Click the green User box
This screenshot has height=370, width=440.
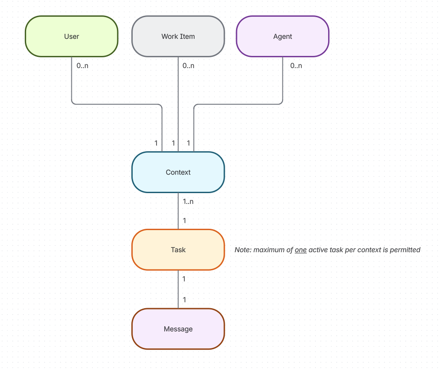71,37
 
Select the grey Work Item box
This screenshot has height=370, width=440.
178,37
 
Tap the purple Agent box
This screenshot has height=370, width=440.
283,37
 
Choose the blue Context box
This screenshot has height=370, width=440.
178,172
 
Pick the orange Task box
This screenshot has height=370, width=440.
178,250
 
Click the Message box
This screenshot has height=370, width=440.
178,329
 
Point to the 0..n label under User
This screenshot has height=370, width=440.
83,65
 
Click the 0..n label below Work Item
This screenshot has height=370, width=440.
189,65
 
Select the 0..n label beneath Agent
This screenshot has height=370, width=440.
296,65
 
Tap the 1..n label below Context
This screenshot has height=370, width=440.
188,201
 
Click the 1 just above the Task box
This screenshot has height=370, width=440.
184,221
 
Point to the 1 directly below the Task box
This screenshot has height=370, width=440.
184,279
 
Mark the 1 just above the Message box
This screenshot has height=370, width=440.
184,300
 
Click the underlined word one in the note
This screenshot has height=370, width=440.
301,250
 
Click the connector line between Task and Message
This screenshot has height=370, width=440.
178,289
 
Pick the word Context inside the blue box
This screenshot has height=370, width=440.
178,172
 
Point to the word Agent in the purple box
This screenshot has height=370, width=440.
283,37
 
